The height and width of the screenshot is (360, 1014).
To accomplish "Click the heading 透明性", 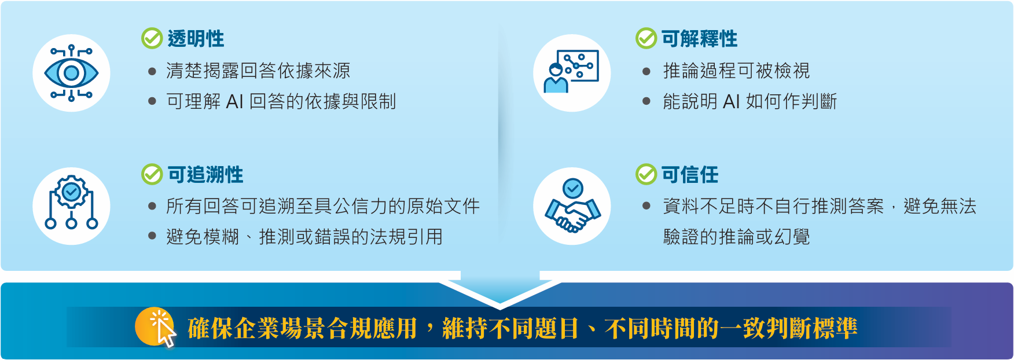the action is coord(196,39).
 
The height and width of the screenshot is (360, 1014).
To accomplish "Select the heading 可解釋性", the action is coord(699,39).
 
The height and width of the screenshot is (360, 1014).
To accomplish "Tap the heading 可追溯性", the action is coord(205,174).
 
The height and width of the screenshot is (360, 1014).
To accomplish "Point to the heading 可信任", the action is coord(690,174).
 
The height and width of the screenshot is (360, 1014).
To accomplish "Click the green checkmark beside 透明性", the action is coord(152,38).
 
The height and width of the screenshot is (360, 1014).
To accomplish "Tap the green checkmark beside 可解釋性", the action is coord(646,38).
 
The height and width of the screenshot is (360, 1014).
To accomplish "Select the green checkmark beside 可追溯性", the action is coord(152,174).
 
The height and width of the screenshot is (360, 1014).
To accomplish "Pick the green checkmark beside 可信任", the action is coord(646,174).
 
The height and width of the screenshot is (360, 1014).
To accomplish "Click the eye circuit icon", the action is coord(71,73).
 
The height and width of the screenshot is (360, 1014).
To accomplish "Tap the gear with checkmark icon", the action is coord(71,203).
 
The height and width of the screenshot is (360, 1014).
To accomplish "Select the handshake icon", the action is coord(572,205).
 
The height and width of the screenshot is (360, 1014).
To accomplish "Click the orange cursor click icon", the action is coord(156,327).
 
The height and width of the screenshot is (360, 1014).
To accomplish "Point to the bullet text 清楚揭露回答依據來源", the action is coord(258,71).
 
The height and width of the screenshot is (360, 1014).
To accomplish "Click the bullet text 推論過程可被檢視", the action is coord(736,71).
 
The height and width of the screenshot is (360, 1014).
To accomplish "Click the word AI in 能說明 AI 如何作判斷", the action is coord(732,102).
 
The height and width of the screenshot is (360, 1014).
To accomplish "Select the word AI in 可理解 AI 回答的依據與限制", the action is coord(234,102).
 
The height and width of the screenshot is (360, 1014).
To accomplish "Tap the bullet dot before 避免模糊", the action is coord(152,236).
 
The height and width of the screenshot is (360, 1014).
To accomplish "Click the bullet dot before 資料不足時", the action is coord(646,205).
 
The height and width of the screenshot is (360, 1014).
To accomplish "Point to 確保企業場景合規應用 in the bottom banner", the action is coord(302,328).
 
